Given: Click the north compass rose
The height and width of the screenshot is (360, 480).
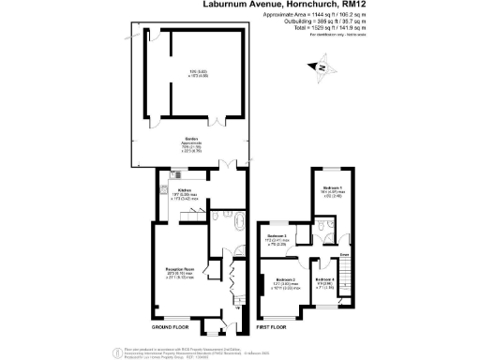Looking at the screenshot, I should tap(322, 67).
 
